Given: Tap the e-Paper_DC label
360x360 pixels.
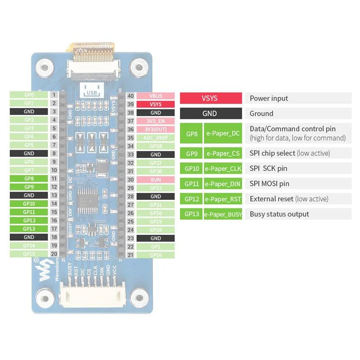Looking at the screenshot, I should tap(223, 133).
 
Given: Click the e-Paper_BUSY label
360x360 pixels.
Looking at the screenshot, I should tap(223, 214).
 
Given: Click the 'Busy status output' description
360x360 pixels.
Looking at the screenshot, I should tap(279, 214).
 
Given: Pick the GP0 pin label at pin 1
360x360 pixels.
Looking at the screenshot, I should tap(29, 95).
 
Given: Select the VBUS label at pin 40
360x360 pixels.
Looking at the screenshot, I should tap(156, 96).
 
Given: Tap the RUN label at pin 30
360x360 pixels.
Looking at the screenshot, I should tap(156, 180).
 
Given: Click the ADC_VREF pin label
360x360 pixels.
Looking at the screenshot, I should tap(156, 138).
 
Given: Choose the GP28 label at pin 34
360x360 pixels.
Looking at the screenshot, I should tap(156, 146).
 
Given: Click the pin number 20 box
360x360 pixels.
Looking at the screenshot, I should tap(54, 254).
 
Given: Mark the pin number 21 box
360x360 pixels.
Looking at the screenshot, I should tap(130, 255).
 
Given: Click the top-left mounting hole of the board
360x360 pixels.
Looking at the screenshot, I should tap(44, 68).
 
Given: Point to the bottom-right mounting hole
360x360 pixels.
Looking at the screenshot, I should tap(141, 297).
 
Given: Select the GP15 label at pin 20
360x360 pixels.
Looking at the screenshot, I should tap(29, 254).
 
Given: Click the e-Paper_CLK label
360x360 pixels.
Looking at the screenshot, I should tap(223, 169).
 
